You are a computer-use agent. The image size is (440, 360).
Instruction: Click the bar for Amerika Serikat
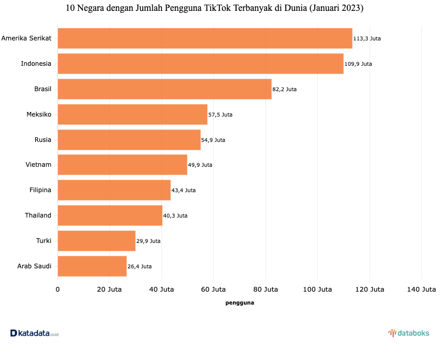coord(204,38)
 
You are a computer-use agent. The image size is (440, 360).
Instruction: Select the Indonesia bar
coord(200,64)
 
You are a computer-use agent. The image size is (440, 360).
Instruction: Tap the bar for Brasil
coord(164,89)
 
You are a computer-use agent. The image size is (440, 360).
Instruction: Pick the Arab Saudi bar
coord(92,266)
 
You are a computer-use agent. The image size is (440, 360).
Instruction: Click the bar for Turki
coord(96,241)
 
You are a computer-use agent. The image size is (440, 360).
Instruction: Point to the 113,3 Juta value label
coord(367,38)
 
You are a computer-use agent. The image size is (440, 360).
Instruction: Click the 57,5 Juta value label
coord(220,114)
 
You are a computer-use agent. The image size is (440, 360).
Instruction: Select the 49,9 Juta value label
coord(200,165)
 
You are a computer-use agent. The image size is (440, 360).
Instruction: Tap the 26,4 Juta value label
coord(139,266)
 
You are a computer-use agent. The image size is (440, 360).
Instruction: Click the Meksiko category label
coord(39,114)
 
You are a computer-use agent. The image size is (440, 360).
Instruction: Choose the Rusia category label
coord(43,140)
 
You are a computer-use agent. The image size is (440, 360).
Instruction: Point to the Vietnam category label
coord(38,165)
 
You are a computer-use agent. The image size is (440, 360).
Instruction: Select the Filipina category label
coord(40,190)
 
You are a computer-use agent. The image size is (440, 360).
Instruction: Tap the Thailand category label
coord(38,215)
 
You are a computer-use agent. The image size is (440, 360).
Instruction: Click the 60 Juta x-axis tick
coord(213,289)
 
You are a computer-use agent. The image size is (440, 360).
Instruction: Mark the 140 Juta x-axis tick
coord(421,289)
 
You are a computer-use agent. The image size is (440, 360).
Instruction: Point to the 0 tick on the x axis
coord(57,289)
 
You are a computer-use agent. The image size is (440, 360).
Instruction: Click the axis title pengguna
coord(240,303)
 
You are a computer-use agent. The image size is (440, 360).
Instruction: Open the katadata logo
coord(34,333)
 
